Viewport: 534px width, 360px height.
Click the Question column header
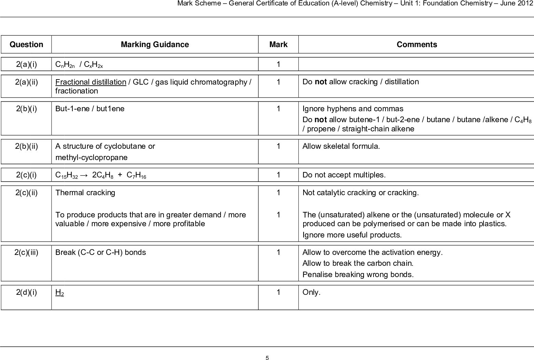pyautogui.click(x=26, y=45)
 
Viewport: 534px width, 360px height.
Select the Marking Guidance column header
pyautogui.click(x=155, y=45)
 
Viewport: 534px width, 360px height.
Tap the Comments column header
pyautogui.click(x=417, y=45)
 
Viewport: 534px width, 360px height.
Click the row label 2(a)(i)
pyautogui.click(x=26, y=64)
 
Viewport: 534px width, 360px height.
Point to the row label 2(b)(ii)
pyautogui.click(x=26, y=146)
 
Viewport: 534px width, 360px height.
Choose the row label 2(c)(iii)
pyautogui.click(x=26, y=253)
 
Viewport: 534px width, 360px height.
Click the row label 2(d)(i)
pyautogui.click(x=26, y=292)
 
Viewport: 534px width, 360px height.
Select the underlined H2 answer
pyautogui.click(x=60, y=293)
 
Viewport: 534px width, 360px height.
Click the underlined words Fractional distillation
pyautogui.click(x=90, y=82)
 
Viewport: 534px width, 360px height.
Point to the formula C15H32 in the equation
pyautogui.click(x=67, y=175)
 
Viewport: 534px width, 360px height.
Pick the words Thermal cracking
pyautogui.click(x=85, y=193)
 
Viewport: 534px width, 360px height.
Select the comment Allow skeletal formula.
pyautogui.click(x=341, y=146)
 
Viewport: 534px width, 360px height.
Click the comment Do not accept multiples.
pyautogui.click(x=344, y=175)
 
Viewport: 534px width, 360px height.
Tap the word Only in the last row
pyautogui.click(x=311, y=292)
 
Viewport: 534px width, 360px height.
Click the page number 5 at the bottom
pyautogui.click(x=267, y=358)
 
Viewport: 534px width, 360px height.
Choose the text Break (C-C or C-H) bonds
pyautogui.click(x=100, y=253)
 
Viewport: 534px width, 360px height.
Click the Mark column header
pyautogui.click(x=278, y=45)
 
